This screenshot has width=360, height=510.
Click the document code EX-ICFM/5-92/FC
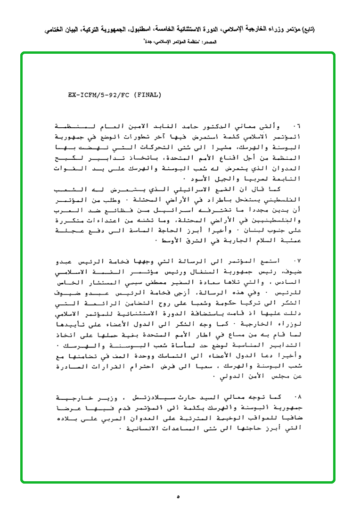pyautogui.click(x=98, y=95)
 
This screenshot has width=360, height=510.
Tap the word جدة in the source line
pyautogui.click(x=150, y=42)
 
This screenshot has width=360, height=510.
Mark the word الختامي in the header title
pyautogui.click(x=57, y=29)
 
